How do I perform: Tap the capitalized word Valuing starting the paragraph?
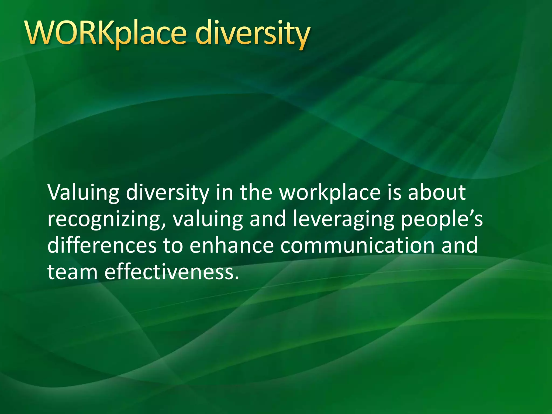(x=83, y=194)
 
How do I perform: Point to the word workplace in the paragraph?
(x=330, y=194)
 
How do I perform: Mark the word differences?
(x=102, y=245)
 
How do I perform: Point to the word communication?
(x=357, y=245)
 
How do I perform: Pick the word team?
(x=72, y=272)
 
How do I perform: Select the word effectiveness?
(x=172, y=272)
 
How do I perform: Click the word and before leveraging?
(x=268, y=219)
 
